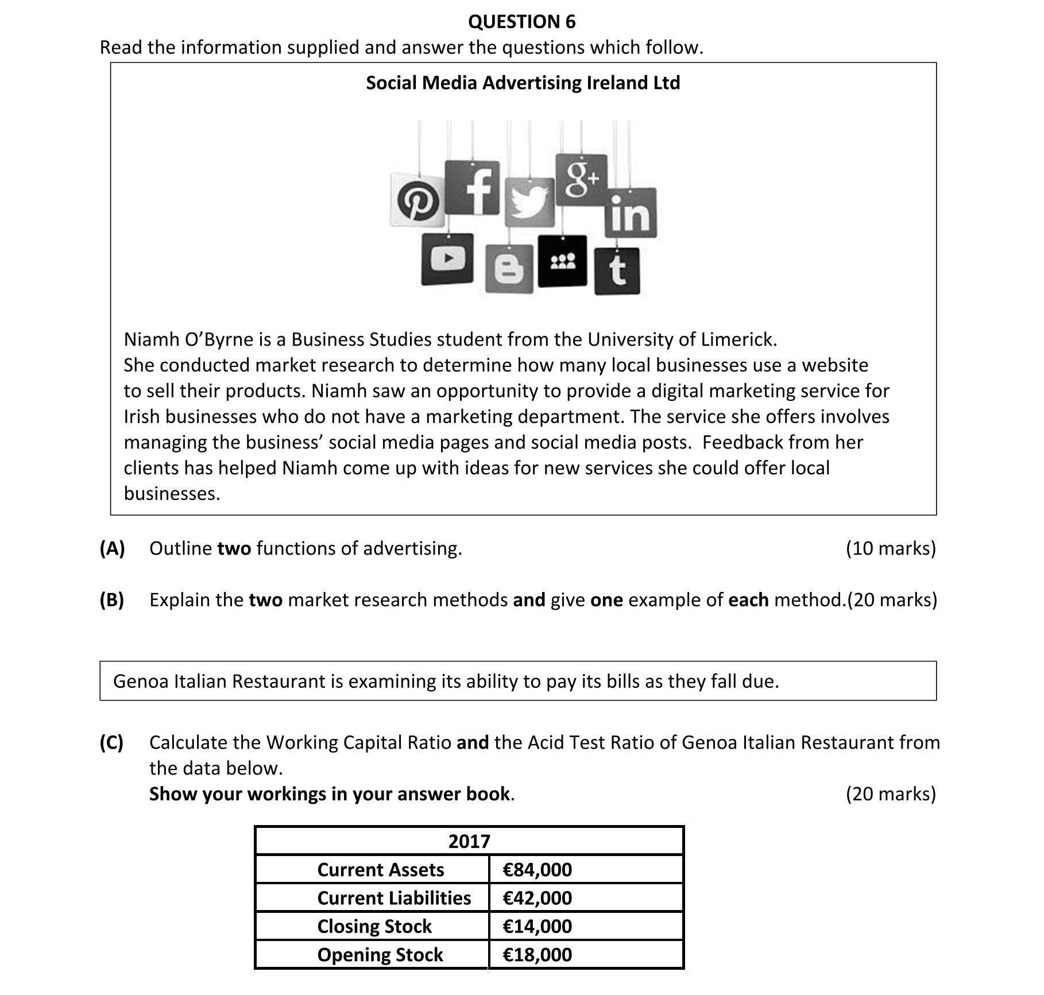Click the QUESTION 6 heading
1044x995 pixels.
(x=521, y=22)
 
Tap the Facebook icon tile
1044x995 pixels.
(x=473, y=187)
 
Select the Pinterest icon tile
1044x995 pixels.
(x=417, y=200)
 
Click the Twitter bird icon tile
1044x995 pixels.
(x=529, y=202)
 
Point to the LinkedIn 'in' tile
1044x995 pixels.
(x=630, y=212)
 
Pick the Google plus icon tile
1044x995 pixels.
(x=581, y=180)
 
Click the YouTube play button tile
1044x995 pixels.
(x=447, y=259)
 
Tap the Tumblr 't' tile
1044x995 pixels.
(x=617, y=271)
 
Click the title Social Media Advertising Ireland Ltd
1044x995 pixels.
(x=523, y=83)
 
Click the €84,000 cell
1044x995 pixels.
(x=537, y=869)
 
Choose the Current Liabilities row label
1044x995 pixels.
(x=394, y=897)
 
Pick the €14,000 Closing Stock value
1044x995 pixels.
(x=537, y=926)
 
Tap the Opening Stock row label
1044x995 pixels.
(x=380, y=954)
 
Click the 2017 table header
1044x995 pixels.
(x=469, y=841)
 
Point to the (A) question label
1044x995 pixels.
(x=112, y=548)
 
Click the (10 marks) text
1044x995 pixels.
(x=891, y=548)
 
